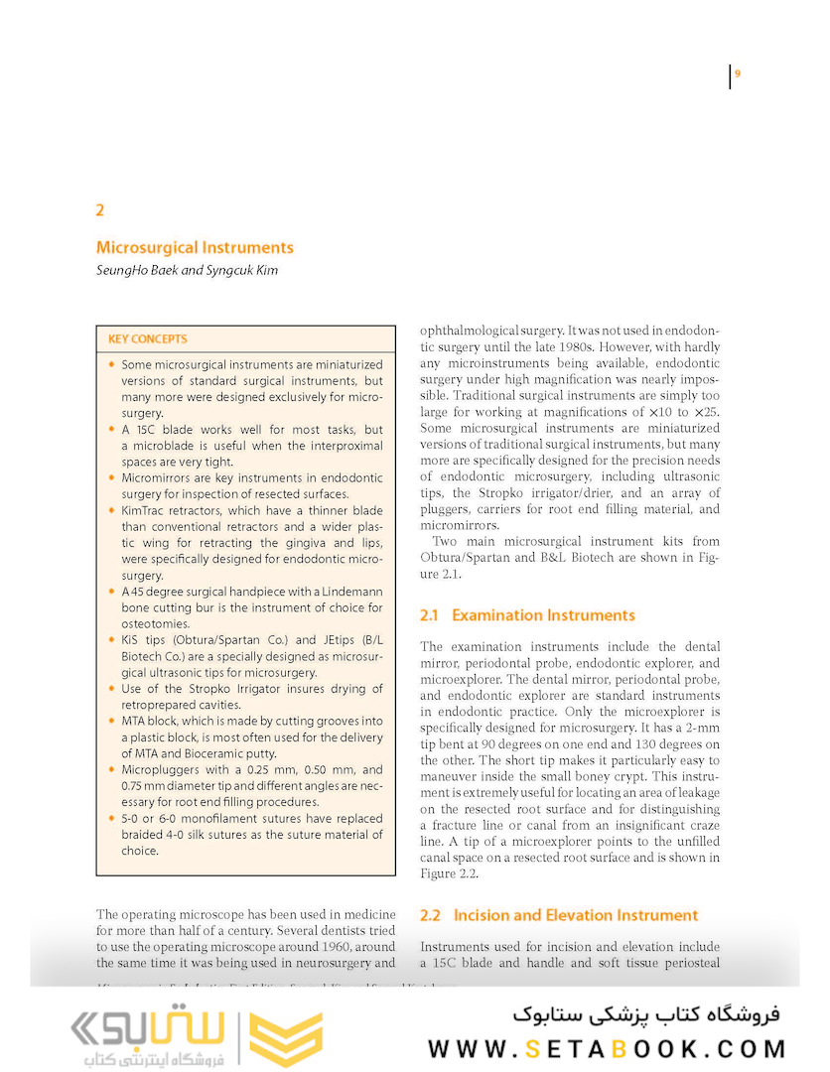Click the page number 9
(738, 73)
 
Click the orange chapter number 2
(100, 210)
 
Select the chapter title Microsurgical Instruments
(195, 247)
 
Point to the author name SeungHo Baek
(134, 270)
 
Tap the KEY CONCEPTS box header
(148, 338)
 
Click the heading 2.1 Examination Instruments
(527, 615)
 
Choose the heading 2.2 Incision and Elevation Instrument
(559, 915)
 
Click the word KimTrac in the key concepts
(145, 510)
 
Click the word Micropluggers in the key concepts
(162, 769)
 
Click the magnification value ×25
(706, 411)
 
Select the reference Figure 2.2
(450, 873)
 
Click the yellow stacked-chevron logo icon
(285, 1038)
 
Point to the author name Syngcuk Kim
(242, 270)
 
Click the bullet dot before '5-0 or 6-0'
(111, 819)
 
